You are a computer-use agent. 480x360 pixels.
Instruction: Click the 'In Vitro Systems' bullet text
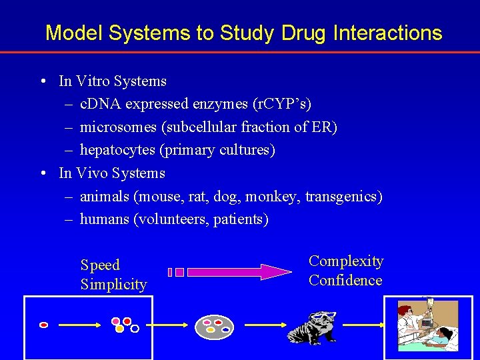[x=113, y=81]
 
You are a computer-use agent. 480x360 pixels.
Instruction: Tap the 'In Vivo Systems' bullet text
[x=112, y=173]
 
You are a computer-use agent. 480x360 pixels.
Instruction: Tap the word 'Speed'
[x=100, y=265]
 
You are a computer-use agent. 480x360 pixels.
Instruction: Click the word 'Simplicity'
[x=113, y=285]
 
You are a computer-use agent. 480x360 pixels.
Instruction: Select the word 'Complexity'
[x=346, y=261]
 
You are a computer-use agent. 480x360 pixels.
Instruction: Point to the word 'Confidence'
[x=345, y=281]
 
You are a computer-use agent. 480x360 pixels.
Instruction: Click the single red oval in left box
[x=44, y=325]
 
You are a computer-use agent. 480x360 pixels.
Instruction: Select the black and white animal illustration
[x=313, y=327]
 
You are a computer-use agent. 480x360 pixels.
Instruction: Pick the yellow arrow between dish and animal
[x=264, y=325]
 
